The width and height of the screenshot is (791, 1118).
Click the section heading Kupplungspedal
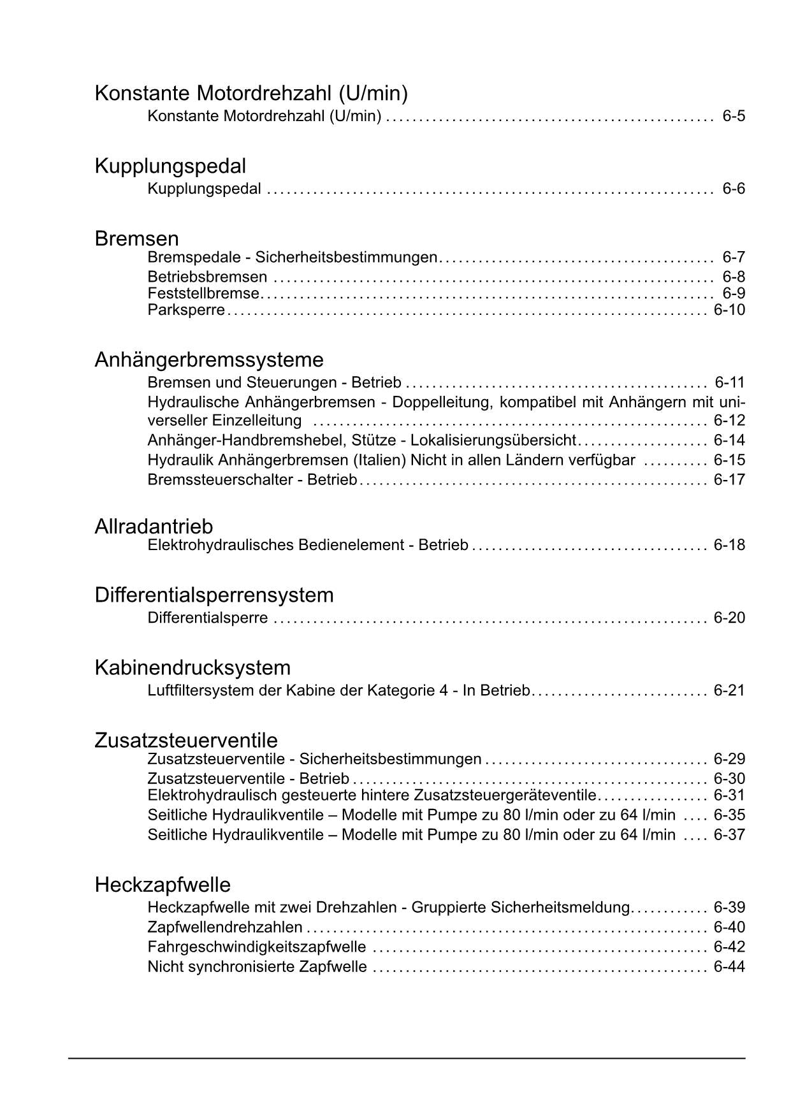click(x=170, y=166)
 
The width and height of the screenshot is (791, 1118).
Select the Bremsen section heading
click(x=136, y=239)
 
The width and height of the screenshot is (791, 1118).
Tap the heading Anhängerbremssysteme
click(x=209, y=360)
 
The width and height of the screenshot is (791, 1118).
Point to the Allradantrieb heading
click(x=154, y=526)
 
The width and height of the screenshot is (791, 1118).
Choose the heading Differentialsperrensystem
click(x=214, y=595)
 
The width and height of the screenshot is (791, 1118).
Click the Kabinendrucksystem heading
click(x=192, y=668)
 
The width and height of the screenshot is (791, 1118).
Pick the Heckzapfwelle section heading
click(x=163, y=885)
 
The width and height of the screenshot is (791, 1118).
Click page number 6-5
click(x=734, y=117)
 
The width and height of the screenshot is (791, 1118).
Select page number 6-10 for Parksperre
click(x=729, y=310)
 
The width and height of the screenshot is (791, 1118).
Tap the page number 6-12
click(x=729, y=421)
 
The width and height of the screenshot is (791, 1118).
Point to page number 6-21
click(x=729, y=690)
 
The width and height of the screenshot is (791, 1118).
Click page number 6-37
click(x=729, y=834)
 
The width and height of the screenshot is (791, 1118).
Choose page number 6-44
click(x=729, y=967)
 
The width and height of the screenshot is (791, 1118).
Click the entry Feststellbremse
click(x=203, y=294)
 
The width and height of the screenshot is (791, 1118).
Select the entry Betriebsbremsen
click(x=207, y=277)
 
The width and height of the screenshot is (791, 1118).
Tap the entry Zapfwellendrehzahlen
click(x=225, y=927)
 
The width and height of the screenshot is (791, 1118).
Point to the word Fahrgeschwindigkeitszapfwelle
click(x=257, y=947)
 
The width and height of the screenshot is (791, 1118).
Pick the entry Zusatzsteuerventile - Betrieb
click(x=249, y=779)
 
